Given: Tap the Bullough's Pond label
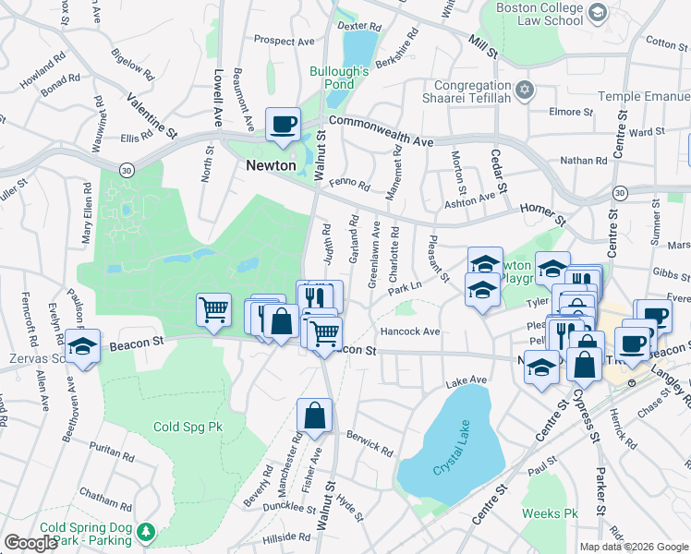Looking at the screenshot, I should pos(339,77).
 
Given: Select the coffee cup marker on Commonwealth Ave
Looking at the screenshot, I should pos(283,123).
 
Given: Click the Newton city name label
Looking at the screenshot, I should pos(271,165).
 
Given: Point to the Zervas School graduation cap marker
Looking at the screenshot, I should pos(83,348).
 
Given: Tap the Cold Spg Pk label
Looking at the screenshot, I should pos(188,427).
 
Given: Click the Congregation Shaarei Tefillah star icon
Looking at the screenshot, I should pos(525,90).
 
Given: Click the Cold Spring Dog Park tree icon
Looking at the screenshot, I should pos(146,534).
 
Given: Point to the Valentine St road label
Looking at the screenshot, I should pos(152,115).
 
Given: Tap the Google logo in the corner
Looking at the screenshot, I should pos(31,542).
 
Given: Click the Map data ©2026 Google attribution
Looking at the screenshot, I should pos(634,547).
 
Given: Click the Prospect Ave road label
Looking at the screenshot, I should pos(285,41).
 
